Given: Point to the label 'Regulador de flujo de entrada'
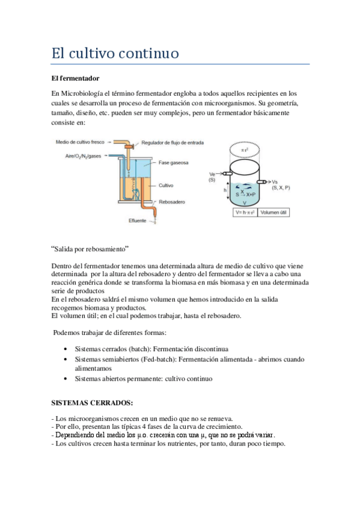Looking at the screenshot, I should pos(172,143).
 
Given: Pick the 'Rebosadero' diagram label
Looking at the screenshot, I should pos(171,202).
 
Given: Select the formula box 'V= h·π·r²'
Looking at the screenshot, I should pos(244,212).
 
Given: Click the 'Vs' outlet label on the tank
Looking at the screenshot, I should pos(275,182).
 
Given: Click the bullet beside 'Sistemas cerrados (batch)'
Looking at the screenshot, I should pos(65,349).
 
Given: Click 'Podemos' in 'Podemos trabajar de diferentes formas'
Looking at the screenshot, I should pos(69,333).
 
